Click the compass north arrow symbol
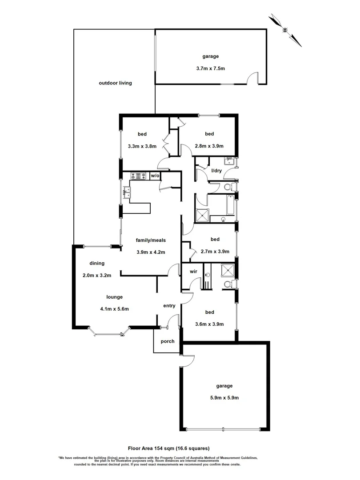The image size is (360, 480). pos(286,30)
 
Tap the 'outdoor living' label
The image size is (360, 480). pos(115,83)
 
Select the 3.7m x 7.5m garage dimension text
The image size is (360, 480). pos(211,68)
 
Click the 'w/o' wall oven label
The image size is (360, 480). pos(155,176)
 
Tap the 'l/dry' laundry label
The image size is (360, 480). pos(216,171)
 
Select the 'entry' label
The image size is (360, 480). pos(169,305)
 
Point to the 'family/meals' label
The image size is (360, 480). pos(151,240)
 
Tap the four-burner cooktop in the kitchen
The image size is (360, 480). pos(138,176)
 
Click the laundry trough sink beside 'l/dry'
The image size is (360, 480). pos(230,161)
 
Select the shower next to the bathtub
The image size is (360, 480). pos(203,215)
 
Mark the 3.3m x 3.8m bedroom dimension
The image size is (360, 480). pos(142,146)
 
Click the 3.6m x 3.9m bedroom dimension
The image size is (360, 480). pos(209,324)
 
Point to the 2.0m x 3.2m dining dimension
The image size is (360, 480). pos(97,275)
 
